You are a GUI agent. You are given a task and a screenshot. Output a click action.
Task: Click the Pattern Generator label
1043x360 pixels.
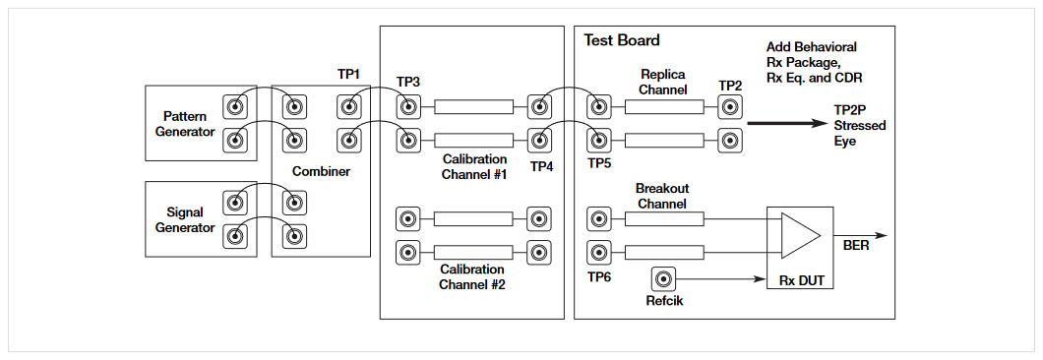click(184, 123)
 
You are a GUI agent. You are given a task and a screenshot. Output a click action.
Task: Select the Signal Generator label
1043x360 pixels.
click(184, 219)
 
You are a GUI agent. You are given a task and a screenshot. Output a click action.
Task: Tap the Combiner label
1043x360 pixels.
click(321, 171)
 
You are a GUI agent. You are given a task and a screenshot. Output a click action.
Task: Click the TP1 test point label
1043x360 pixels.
click(349, 75)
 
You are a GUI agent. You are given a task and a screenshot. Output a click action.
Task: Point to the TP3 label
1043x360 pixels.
click(408, 82)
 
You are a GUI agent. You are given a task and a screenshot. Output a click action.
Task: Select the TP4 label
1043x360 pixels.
click(542, 166)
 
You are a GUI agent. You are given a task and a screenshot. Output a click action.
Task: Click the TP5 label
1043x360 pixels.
click(599, 162)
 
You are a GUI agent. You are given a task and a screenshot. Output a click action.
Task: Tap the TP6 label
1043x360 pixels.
click(599, 276)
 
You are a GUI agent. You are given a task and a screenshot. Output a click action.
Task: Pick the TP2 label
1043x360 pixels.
click(730, 86)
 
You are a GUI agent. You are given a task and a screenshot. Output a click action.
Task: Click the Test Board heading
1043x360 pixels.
click(622, 40)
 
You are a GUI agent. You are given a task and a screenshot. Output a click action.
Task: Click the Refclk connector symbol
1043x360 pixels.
click(665, 279)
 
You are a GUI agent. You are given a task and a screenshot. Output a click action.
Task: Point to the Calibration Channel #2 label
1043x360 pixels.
click(472, 276)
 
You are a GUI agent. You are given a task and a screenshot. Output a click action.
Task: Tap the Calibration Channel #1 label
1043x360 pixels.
click(472, 166)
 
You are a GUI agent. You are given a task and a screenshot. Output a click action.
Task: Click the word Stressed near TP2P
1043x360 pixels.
click(859, 126)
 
